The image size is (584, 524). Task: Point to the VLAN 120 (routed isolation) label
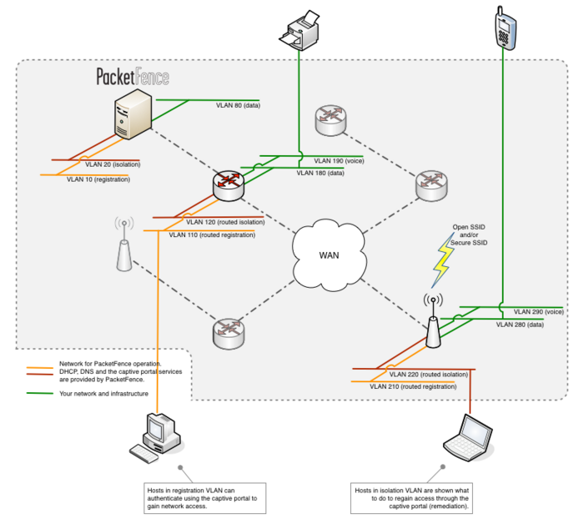pyautogui.click(x=225, y=223)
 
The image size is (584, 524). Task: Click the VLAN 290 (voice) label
pyautogui.click(x=539, y=311)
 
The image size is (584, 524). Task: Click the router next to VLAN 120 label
pyautogui.click(x=229, y=184)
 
